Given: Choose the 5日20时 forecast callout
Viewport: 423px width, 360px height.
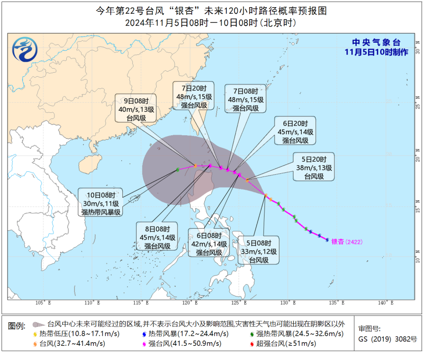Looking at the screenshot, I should (x=314, y=167).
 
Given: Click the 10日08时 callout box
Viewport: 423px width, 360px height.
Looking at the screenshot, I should (x=100, y=203).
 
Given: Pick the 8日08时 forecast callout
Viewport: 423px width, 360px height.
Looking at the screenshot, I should (x=157, y=236).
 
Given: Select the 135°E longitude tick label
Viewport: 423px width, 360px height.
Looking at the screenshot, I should (x=337, y=303).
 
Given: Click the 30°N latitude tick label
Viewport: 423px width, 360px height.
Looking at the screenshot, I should (x=417, y=51).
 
